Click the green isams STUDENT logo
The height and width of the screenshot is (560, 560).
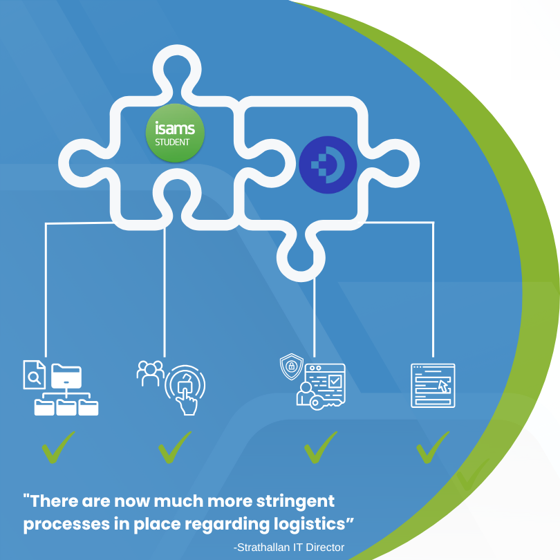[x=175, y=133]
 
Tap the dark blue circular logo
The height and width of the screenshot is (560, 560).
[x=328, y=165]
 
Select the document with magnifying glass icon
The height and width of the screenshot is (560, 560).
[x=34, y=374]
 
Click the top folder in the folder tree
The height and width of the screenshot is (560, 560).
[x=66, y=375]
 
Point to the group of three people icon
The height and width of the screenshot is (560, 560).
[x=150, y=373]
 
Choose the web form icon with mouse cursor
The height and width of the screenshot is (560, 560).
[x=433, y=385]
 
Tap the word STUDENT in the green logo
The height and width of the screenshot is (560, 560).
[x=175, y=142]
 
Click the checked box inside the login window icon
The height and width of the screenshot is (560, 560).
[x=334, y=381]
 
